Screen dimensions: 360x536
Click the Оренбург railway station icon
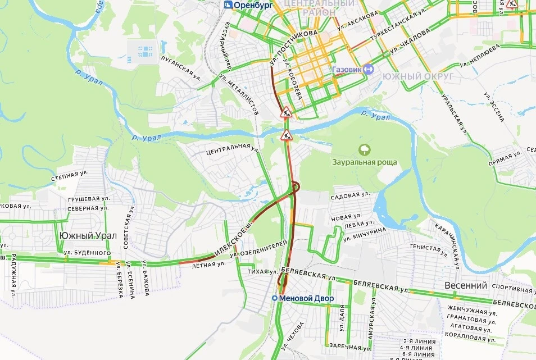coord(228,5)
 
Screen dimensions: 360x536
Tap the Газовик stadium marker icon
coord(369,69)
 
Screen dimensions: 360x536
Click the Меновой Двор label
coord(306,298)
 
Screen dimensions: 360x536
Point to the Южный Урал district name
coord(88,236)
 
